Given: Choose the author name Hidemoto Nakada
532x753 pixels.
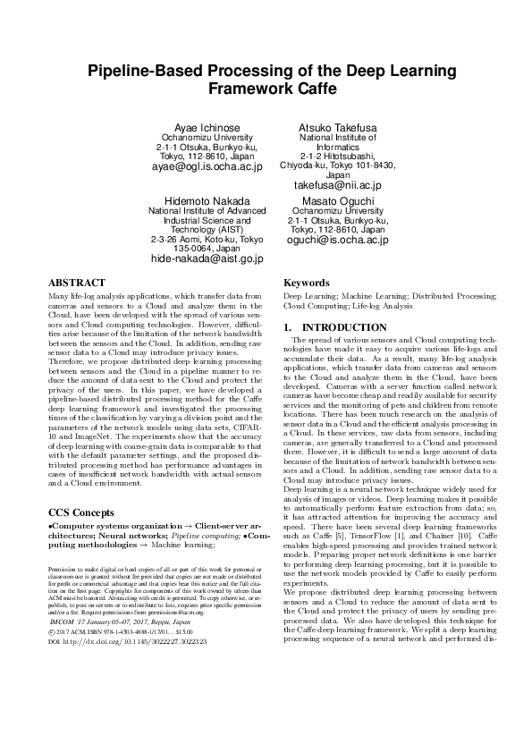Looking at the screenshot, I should tap(207, 200).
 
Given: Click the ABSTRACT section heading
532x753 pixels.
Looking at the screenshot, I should tap(77, 282).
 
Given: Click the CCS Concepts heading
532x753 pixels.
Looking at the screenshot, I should tap(88, 512).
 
